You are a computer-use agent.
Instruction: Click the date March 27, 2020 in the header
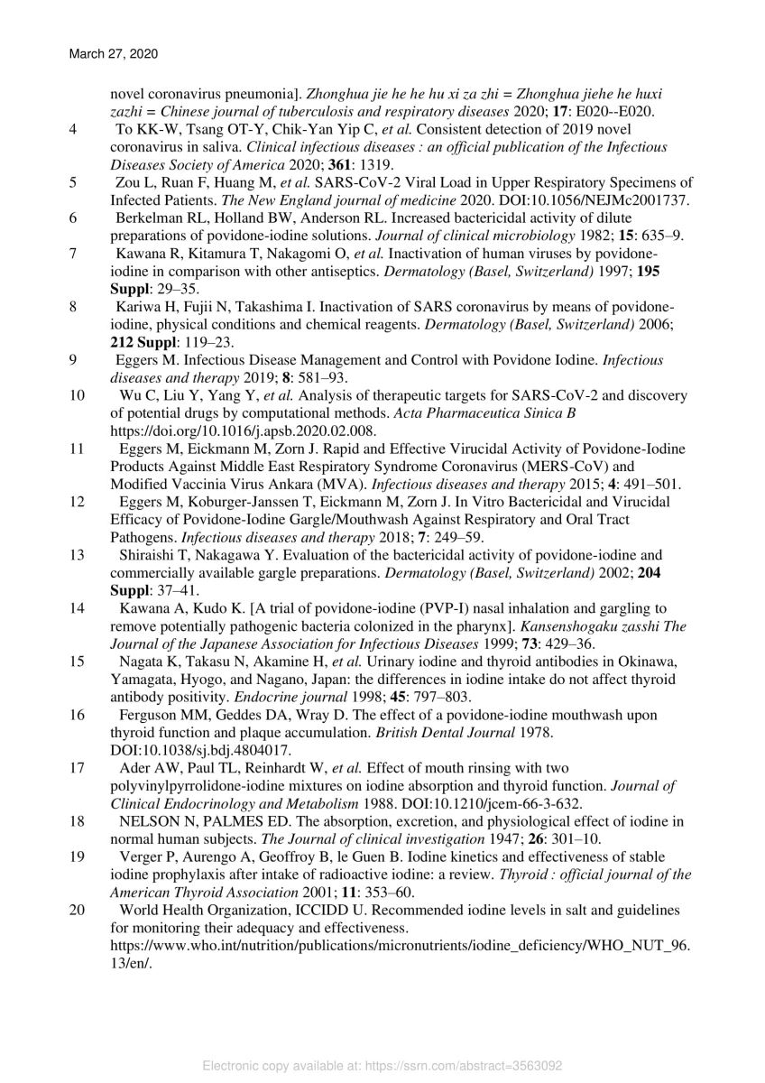point(113,54)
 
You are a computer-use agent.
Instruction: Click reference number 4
point(72,129)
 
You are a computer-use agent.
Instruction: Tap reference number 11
point(77,449)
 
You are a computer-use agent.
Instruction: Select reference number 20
point(77,910)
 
